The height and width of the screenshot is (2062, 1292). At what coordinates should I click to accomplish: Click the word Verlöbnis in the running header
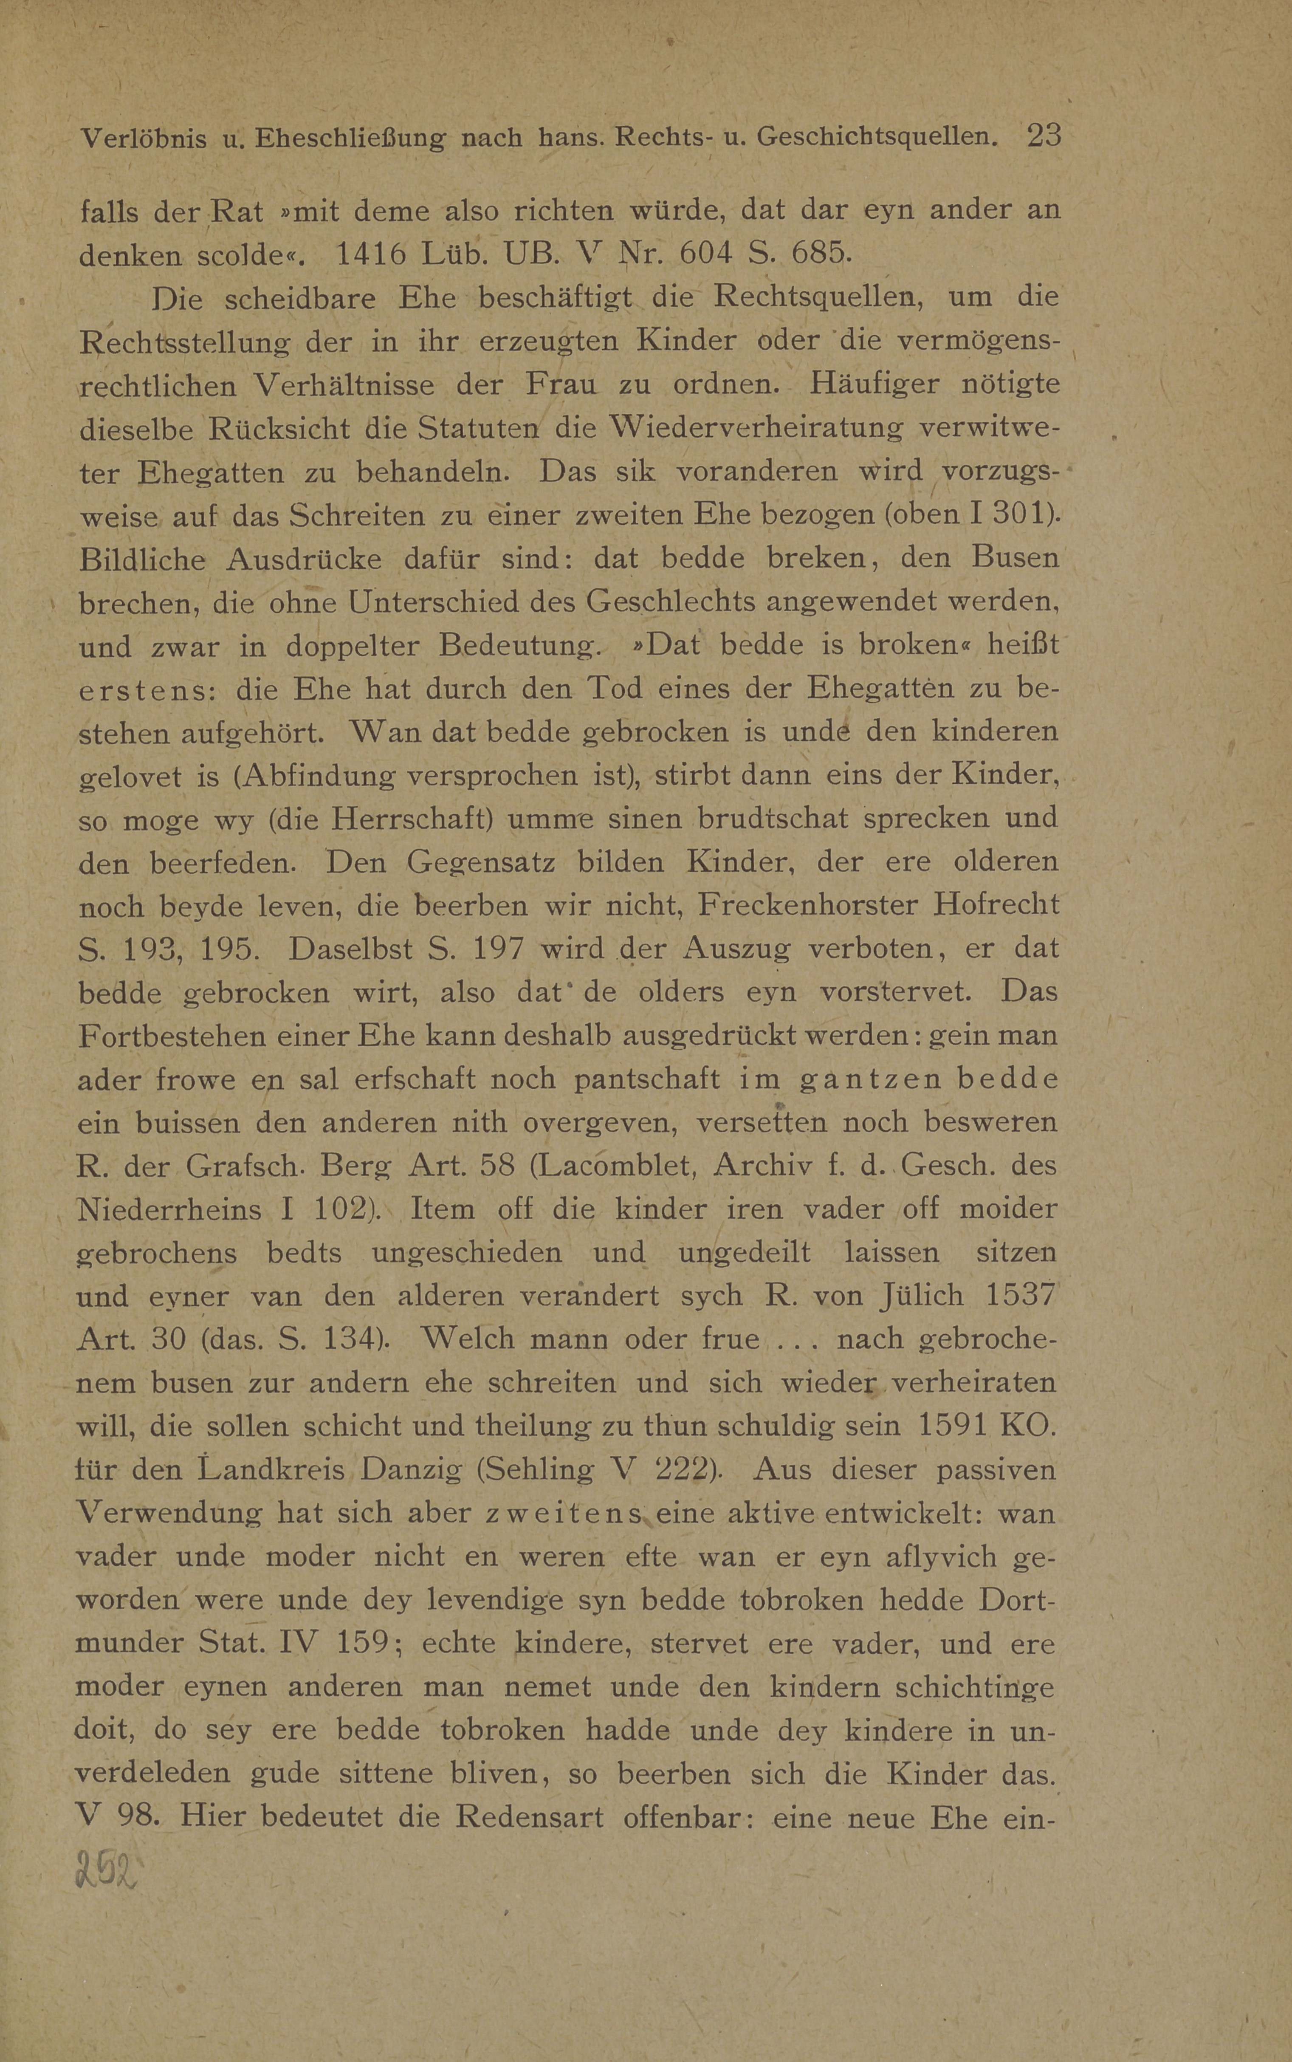click(142, 138)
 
